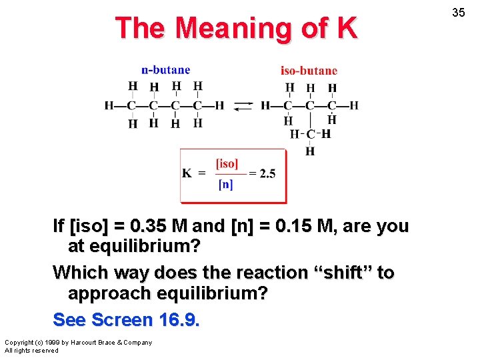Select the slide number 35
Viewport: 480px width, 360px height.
pos(458,13)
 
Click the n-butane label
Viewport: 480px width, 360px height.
pos(165,70)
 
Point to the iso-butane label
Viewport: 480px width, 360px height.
pos(309,71)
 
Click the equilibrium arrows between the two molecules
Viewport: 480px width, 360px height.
pos(243,106)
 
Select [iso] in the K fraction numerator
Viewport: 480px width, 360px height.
pos(227,163)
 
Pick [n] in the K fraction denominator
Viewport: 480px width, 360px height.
pos(226,185)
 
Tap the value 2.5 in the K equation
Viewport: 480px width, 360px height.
pos(267,174)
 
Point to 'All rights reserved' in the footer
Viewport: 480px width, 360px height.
pos(31,351)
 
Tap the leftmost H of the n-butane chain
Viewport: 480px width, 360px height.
pos(109,105)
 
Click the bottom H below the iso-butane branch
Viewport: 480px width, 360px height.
pos(310,152)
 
